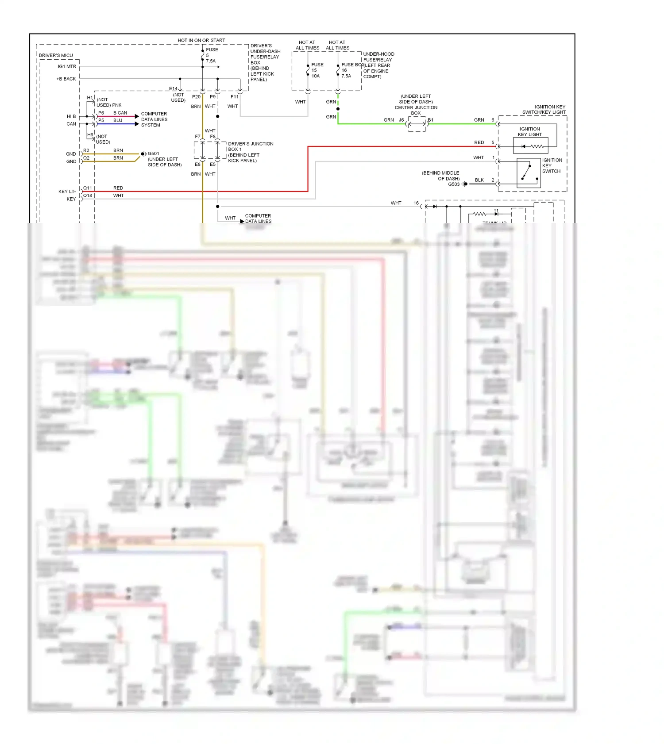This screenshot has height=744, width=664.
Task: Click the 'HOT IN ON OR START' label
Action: tap(201, 40)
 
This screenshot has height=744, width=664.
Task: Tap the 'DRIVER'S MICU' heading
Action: tap(56, 55)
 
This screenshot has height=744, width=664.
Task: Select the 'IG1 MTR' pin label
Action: tap(67, 67)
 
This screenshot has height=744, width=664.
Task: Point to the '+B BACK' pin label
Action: tap(66, 79)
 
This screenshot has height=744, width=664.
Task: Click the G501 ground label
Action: tap(153, 153)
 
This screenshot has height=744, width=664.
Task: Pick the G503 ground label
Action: tap(453, 184)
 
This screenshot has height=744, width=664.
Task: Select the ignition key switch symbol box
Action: tap(529, 173)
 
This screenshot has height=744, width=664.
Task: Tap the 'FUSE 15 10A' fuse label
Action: tap(317, 70)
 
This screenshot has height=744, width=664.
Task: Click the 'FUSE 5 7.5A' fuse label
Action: tap(211, 55)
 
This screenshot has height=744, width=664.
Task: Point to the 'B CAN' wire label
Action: tap(120, 113)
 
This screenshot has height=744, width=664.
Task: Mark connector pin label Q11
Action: tap(88, 188)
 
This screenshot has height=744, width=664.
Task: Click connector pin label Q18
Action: tap(88, 196)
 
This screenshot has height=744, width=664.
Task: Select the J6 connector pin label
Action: tap(401, 120)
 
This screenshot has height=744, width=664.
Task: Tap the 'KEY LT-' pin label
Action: tap(67, 192)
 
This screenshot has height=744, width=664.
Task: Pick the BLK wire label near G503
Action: tap(479, 180)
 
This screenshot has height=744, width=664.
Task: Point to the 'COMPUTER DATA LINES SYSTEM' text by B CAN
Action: tap(154, 119)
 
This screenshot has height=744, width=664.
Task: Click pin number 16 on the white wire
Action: tap(416, 203)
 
